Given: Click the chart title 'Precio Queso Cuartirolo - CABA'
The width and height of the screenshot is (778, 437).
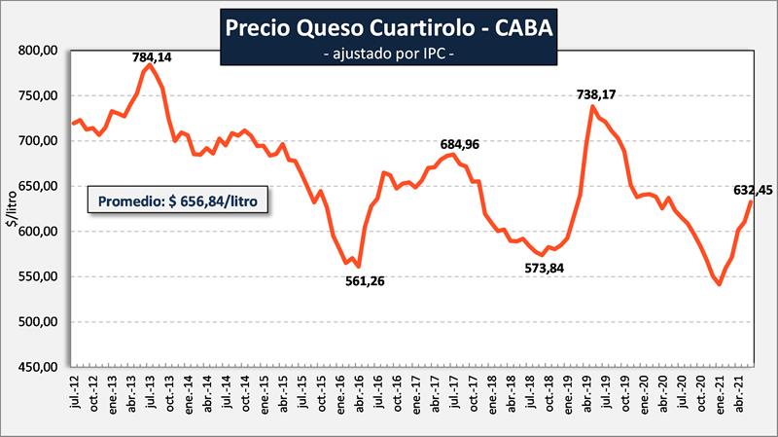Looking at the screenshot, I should (x=389, y=27).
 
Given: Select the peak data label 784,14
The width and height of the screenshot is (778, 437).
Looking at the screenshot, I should (x=152, y=57).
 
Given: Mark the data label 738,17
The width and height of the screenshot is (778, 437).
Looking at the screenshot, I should (x=597, y=94).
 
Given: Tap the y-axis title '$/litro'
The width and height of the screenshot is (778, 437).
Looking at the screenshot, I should (x=13, y=208).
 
